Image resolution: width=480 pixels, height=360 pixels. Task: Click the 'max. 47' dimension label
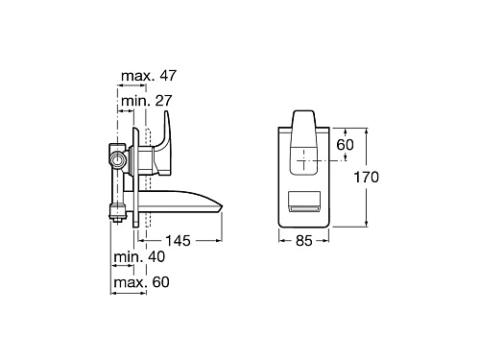(149, 76)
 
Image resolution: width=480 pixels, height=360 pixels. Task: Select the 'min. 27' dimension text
(147, 101)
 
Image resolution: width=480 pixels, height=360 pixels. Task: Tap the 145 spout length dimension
(178, 241)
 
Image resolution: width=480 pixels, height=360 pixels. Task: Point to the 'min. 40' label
(139, 256)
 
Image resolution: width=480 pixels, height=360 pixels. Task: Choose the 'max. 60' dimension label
(141, 282)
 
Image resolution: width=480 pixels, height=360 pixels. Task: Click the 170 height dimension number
(366, 177)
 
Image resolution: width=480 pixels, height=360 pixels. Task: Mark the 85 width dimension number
(303, 241)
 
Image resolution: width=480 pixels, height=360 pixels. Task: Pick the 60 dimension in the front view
(345, 145)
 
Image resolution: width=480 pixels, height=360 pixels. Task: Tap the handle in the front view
(303, 142)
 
